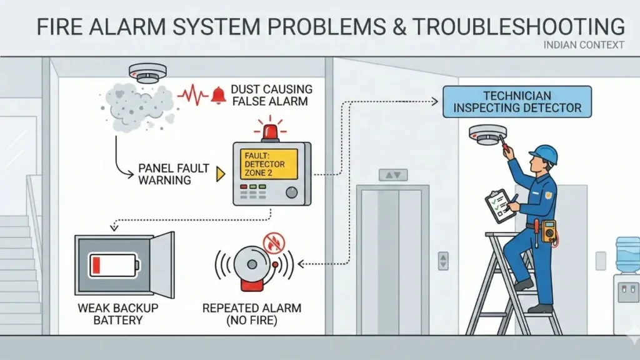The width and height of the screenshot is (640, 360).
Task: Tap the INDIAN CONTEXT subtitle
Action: tap(584, 45)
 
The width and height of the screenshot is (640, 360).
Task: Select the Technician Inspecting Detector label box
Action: tap(517, 102)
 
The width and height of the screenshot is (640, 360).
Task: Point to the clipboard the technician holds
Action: tap(500, 204)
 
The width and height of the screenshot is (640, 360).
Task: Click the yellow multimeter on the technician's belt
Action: tap(549, 231)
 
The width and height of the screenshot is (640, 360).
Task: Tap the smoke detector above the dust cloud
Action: tap(148, 73)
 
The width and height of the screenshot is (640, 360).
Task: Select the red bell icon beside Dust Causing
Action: tap(218, 95)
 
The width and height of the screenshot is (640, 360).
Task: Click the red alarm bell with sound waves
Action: tap(254, 266)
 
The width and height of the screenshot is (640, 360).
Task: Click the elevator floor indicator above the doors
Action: tap(392, 176)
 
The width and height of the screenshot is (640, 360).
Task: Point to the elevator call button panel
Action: tap(443, 261)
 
